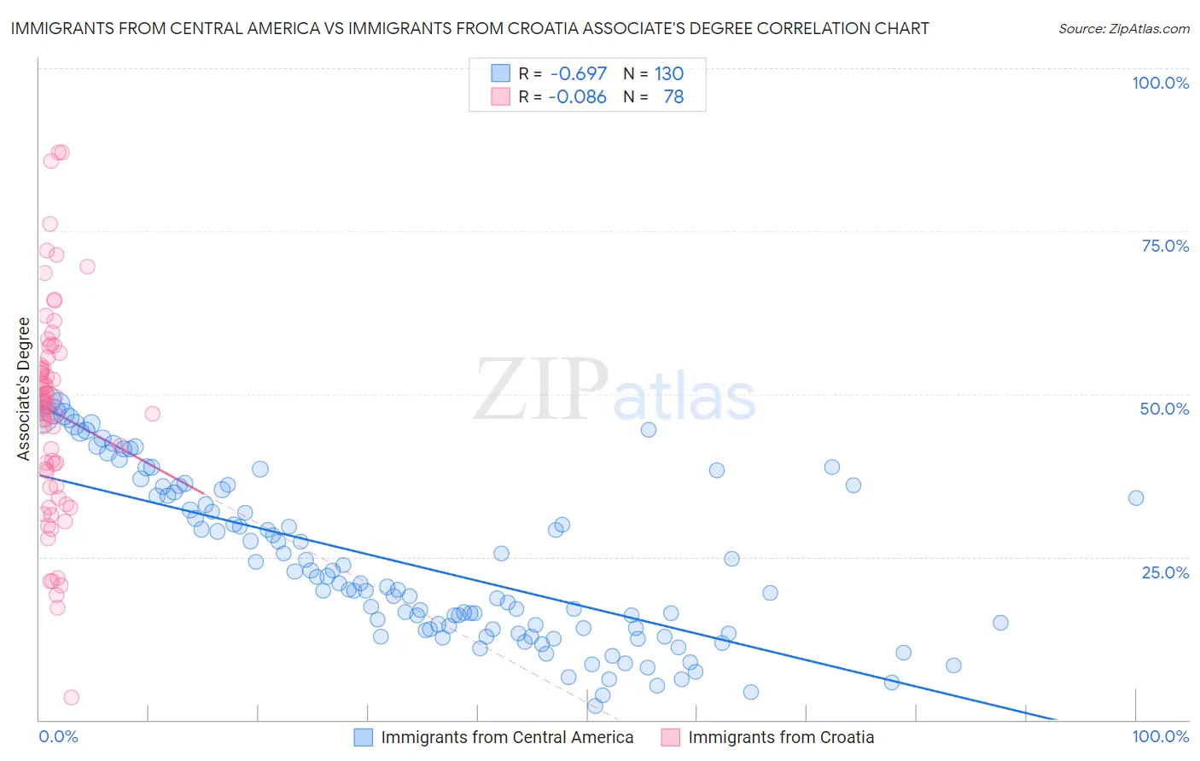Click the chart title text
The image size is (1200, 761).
469,29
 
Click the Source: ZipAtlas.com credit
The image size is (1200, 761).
1123,29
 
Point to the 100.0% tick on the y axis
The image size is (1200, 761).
1160,83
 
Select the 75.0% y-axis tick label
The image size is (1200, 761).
1165,246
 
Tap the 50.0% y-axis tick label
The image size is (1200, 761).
1164,409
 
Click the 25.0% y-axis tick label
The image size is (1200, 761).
1165,572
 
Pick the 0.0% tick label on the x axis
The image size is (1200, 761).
58,737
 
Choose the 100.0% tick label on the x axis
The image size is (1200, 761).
1160,737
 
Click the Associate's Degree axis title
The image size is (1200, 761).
24,389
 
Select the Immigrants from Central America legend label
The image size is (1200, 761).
507,738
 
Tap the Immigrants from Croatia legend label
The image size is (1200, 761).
781,738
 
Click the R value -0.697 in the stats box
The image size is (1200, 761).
579,74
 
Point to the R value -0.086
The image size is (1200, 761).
577,97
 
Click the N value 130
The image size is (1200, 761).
669,74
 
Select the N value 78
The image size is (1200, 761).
673,97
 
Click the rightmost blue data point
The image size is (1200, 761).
1136,498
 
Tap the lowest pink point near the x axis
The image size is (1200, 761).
72,698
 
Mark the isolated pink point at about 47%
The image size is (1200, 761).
153,414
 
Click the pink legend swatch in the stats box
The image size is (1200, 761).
500,97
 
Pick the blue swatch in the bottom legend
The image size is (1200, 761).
364,738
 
